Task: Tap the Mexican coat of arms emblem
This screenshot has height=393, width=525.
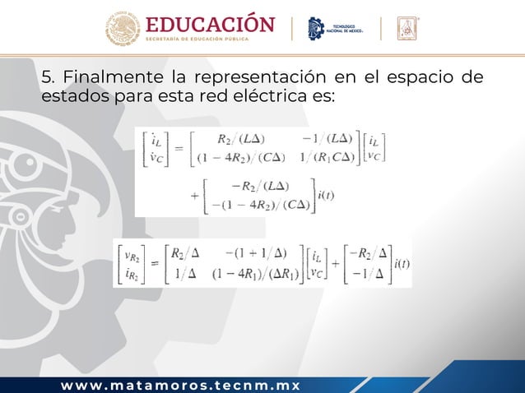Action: pyautogui.click(x=123, y=30)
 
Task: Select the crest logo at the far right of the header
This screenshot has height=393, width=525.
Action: pyautogui.click(x=409, y=29)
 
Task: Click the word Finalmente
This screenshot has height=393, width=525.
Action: pyautogui.click(x=114, y=79)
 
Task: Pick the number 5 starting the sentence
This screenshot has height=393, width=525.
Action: pyautogui.click(x=46, y=79)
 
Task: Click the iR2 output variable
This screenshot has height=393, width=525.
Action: pyautogui.click(x=129, y=275)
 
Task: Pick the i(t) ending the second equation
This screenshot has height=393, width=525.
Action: pyautogui.click(x=402, y=263)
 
